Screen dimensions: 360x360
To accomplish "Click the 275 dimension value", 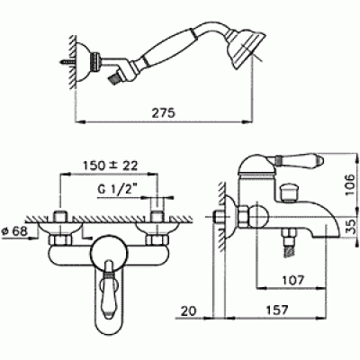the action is point(163,113).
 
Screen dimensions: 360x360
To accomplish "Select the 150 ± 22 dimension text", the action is point(110,165).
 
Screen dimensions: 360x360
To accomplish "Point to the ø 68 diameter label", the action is point(14,231).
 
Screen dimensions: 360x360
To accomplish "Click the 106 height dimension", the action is point(350,184).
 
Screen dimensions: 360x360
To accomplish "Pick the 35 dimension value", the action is point(350,227).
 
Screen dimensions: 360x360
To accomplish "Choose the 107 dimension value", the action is point(292,280).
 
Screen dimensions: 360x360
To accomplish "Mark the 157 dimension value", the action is point(276,310).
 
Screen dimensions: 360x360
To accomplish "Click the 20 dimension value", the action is point(188,310).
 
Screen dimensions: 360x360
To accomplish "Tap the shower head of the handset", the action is point(247,48).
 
